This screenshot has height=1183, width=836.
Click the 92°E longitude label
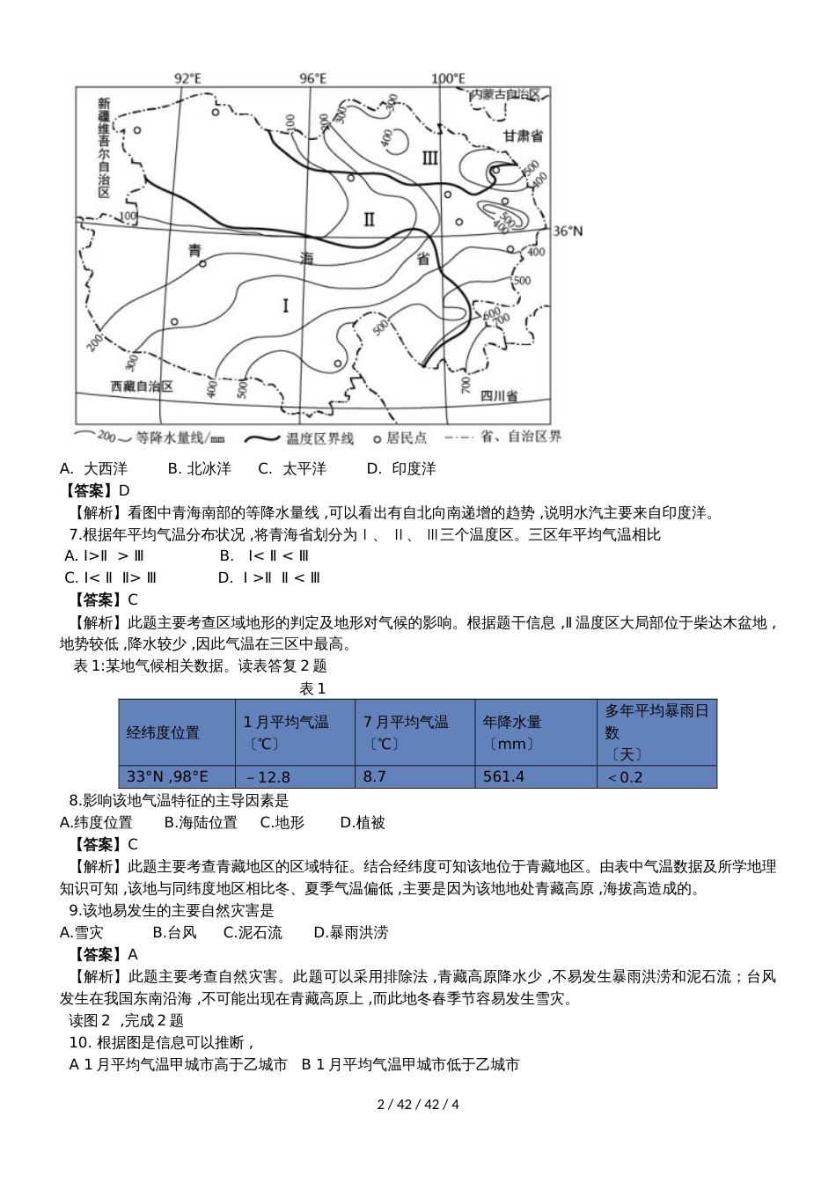187,78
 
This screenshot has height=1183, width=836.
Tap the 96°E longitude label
312,78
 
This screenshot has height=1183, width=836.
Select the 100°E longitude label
446,78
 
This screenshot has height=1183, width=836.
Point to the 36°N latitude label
568,231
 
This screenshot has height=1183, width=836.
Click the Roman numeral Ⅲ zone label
429,158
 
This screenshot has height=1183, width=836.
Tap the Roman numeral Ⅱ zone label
370,218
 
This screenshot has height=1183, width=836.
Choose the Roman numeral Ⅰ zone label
285,305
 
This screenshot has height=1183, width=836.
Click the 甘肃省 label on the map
523,136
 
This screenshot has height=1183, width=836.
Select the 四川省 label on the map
498,396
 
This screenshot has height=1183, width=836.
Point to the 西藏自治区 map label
142,386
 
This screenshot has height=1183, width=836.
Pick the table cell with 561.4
503,776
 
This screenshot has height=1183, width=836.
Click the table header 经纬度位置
163,732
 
